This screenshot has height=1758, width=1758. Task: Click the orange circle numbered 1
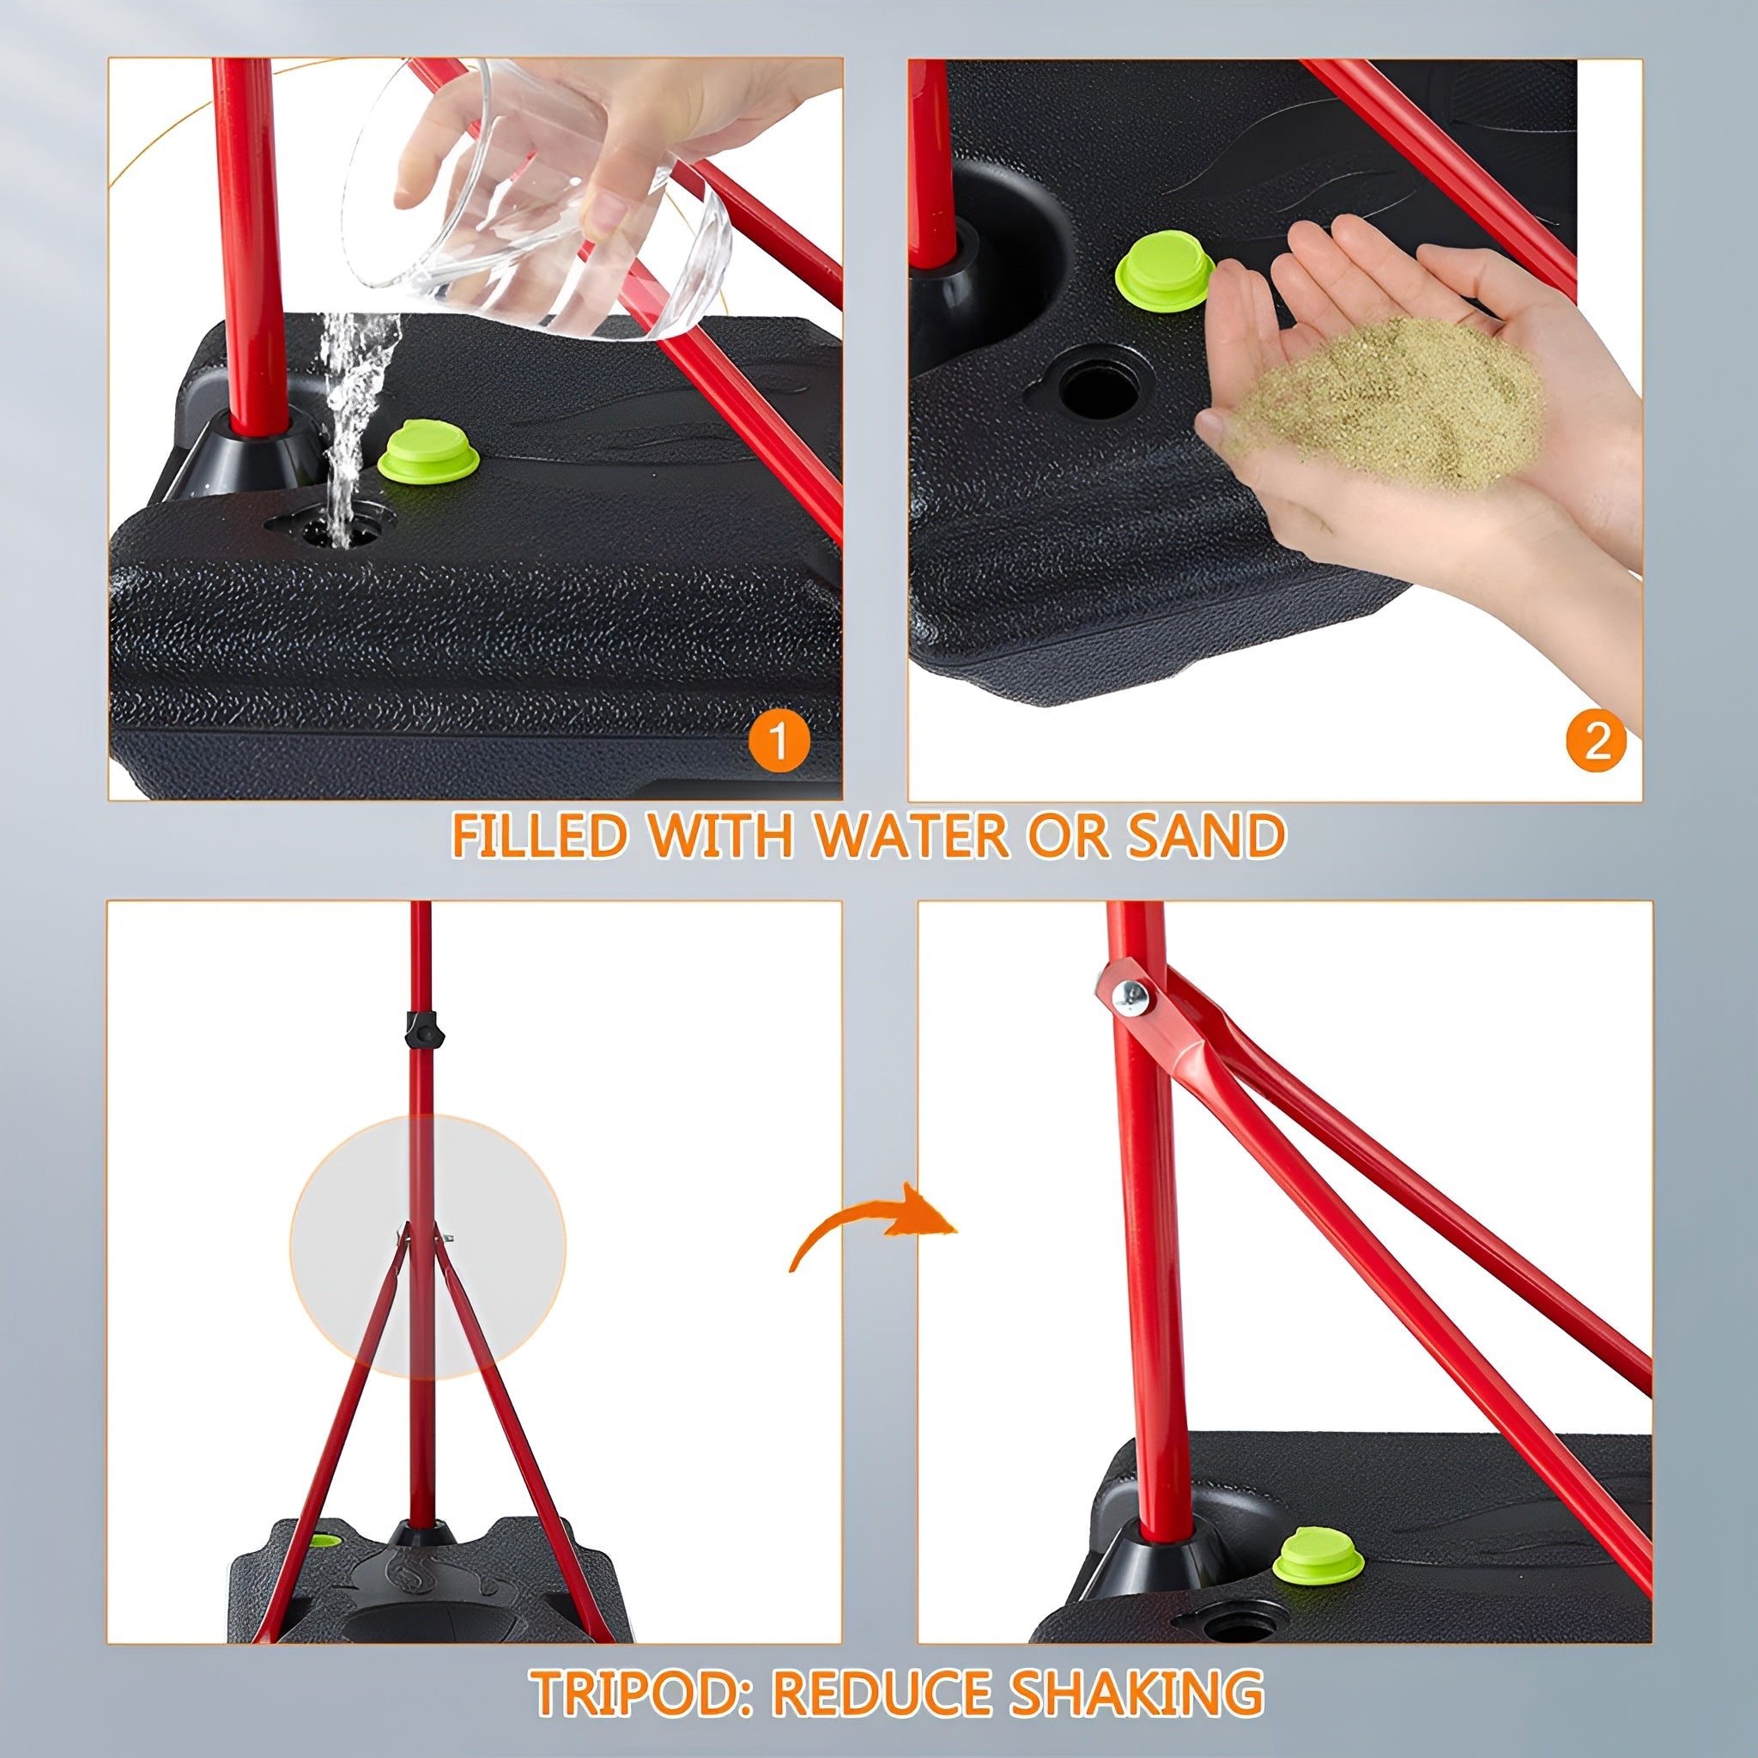[x=778, y=742]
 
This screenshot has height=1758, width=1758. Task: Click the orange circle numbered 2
[x=1597, y=743]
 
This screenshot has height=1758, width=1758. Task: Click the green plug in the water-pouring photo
[x=428, y=451]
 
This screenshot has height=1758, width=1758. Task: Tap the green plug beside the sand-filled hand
[x=1165, y=270]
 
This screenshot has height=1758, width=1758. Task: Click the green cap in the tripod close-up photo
[x=1318, y=1555]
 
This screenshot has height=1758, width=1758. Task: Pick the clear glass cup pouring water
[x=536, y=200]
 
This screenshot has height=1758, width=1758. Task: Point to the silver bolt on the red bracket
[x=1131, y=998]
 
